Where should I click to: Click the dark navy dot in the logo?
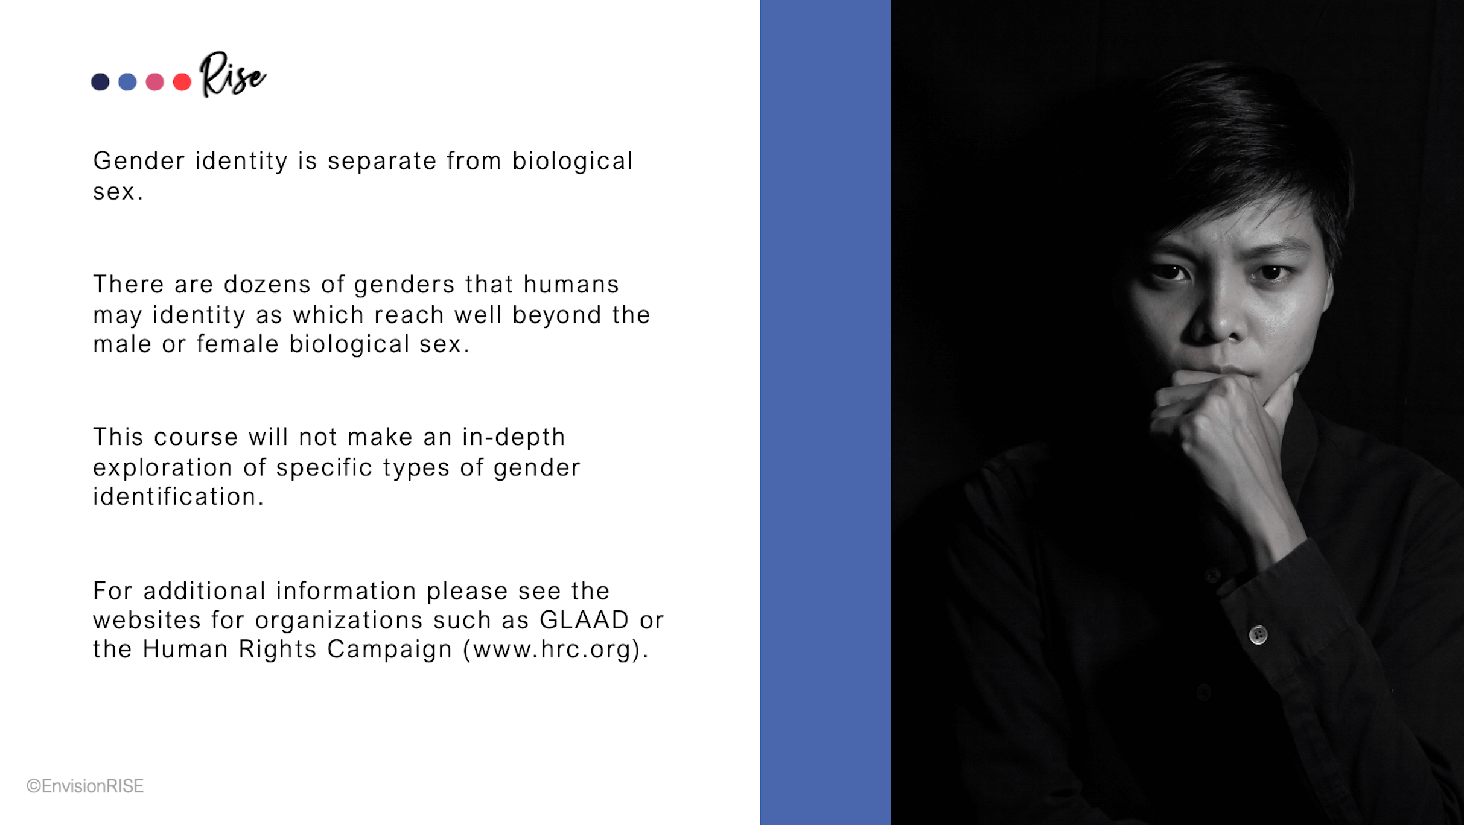click(100, 81)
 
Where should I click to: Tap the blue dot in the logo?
click(127, 81)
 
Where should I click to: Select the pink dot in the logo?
click(154, 81)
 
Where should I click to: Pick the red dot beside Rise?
click(182, 81)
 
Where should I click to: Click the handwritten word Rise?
click(232, 74)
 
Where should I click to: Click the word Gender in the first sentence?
click(139, 161)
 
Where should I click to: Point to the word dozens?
click(267, 284)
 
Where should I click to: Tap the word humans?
click(571, 284)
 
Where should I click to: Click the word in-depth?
click(514, 437)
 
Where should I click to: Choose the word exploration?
click(162, 468)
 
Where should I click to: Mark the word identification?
click(179, 496)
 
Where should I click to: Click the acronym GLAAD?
click(584, 620)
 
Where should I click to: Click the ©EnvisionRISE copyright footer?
click(85, 786)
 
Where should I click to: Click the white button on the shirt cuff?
click(1258, 634)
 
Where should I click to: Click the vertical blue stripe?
click(825, 413)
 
